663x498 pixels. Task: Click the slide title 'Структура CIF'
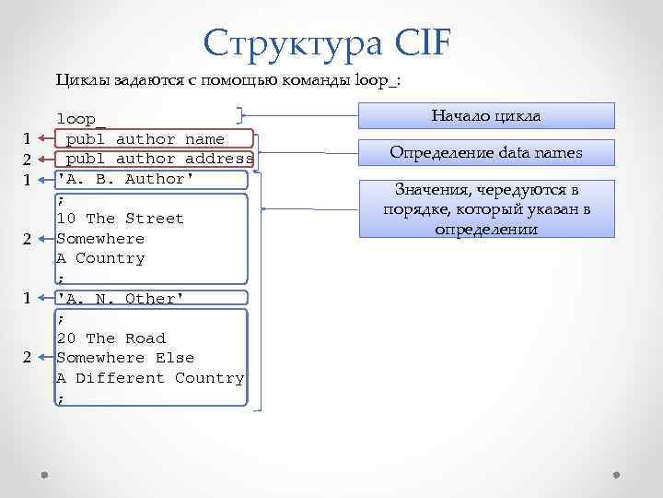click(328, 42)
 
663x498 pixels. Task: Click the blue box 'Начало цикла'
click(485, 116)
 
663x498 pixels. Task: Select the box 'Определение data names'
click(485, 152)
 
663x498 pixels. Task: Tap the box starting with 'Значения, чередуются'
click(485, 208)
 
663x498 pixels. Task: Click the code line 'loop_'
click(81, 119)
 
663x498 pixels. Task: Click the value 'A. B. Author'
click(125, 179)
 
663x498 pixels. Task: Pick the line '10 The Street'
click(120, 219)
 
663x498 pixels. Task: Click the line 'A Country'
click(100, 258)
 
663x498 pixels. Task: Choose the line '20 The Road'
click(110, 338)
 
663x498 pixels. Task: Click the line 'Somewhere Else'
click(125, 358)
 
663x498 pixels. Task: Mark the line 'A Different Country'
click(150, 378)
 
